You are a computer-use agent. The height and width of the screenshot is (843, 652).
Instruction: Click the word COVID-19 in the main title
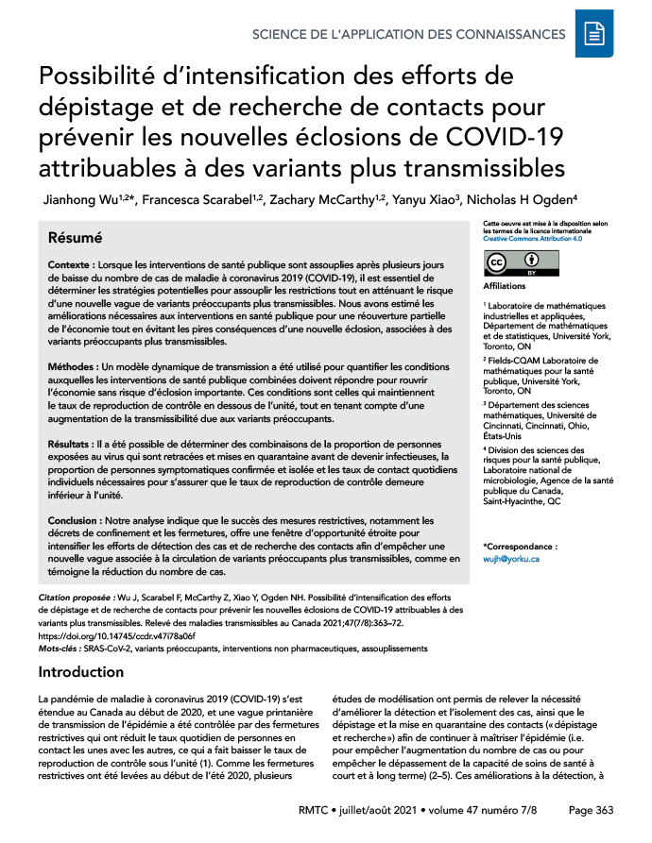498,138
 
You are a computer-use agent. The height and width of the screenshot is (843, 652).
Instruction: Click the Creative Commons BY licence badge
521,263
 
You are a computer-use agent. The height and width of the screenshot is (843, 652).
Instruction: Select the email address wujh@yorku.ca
510,559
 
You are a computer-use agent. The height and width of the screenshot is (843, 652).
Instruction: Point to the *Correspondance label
520,546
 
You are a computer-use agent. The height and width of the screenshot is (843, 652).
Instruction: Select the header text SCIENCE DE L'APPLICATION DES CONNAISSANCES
409,35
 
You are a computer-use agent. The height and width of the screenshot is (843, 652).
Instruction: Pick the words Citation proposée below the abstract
75,598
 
